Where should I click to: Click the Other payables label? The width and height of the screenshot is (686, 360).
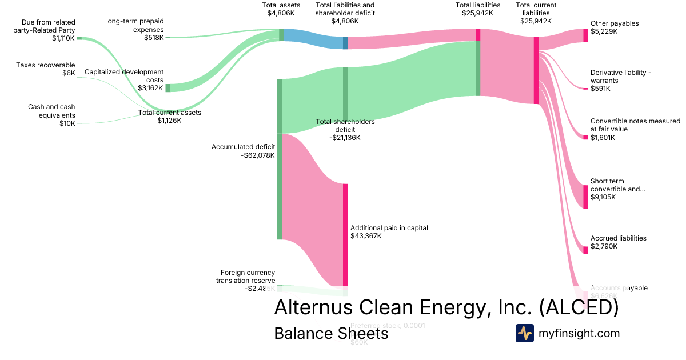pyautogui.click(x=615, y=23)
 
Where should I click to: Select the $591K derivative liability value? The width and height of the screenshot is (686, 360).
pyautogui.click(x=600, y=89)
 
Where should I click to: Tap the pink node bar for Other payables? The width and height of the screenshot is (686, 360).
pyautogui.click(x=585, y=35)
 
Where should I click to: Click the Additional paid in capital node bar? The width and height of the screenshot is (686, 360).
pyautogui.click(x=345, y=234)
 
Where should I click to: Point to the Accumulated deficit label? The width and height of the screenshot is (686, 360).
pyautogui.click(x=243, y=147)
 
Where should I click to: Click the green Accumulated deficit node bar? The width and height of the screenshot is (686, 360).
pyautogui.click(x=280, y=159)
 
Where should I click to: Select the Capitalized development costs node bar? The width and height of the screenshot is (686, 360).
pyautogui.click(x=167, y=88)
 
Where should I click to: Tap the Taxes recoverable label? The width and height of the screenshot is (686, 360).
pyautogui.click(x=46, y=65)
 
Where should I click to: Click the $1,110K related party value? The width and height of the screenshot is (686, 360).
pyautogui.click(x=63, y=38)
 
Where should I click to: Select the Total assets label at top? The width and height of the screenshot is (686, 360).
pyautogui.click(x=281, y=5)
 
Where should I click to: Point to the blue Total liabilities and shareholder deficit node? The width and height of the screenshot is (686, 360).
pyautogui.click(x=345, y=43)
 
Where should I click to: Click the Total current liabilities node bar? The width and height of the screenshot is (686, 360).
pyautogui.click(x=536, y=70)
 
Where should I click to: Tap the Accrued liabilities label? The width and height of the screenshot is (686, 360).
pyautogui.click(x=619, y=238)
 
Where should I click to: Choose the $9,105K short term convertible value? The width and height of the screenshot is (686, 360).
pyautogui.click(x=603, y=197)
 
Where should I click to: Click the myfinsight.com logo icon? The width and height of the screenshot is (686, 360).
pyautogui.click(x=525, y=333)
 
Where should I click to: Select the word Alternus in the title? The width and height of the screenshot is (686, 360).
pyautogui.click(x=313, y=307)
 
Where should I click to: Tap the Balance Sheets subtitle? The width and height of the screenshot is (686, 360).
pyautogui.click(x=331, y=333)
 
